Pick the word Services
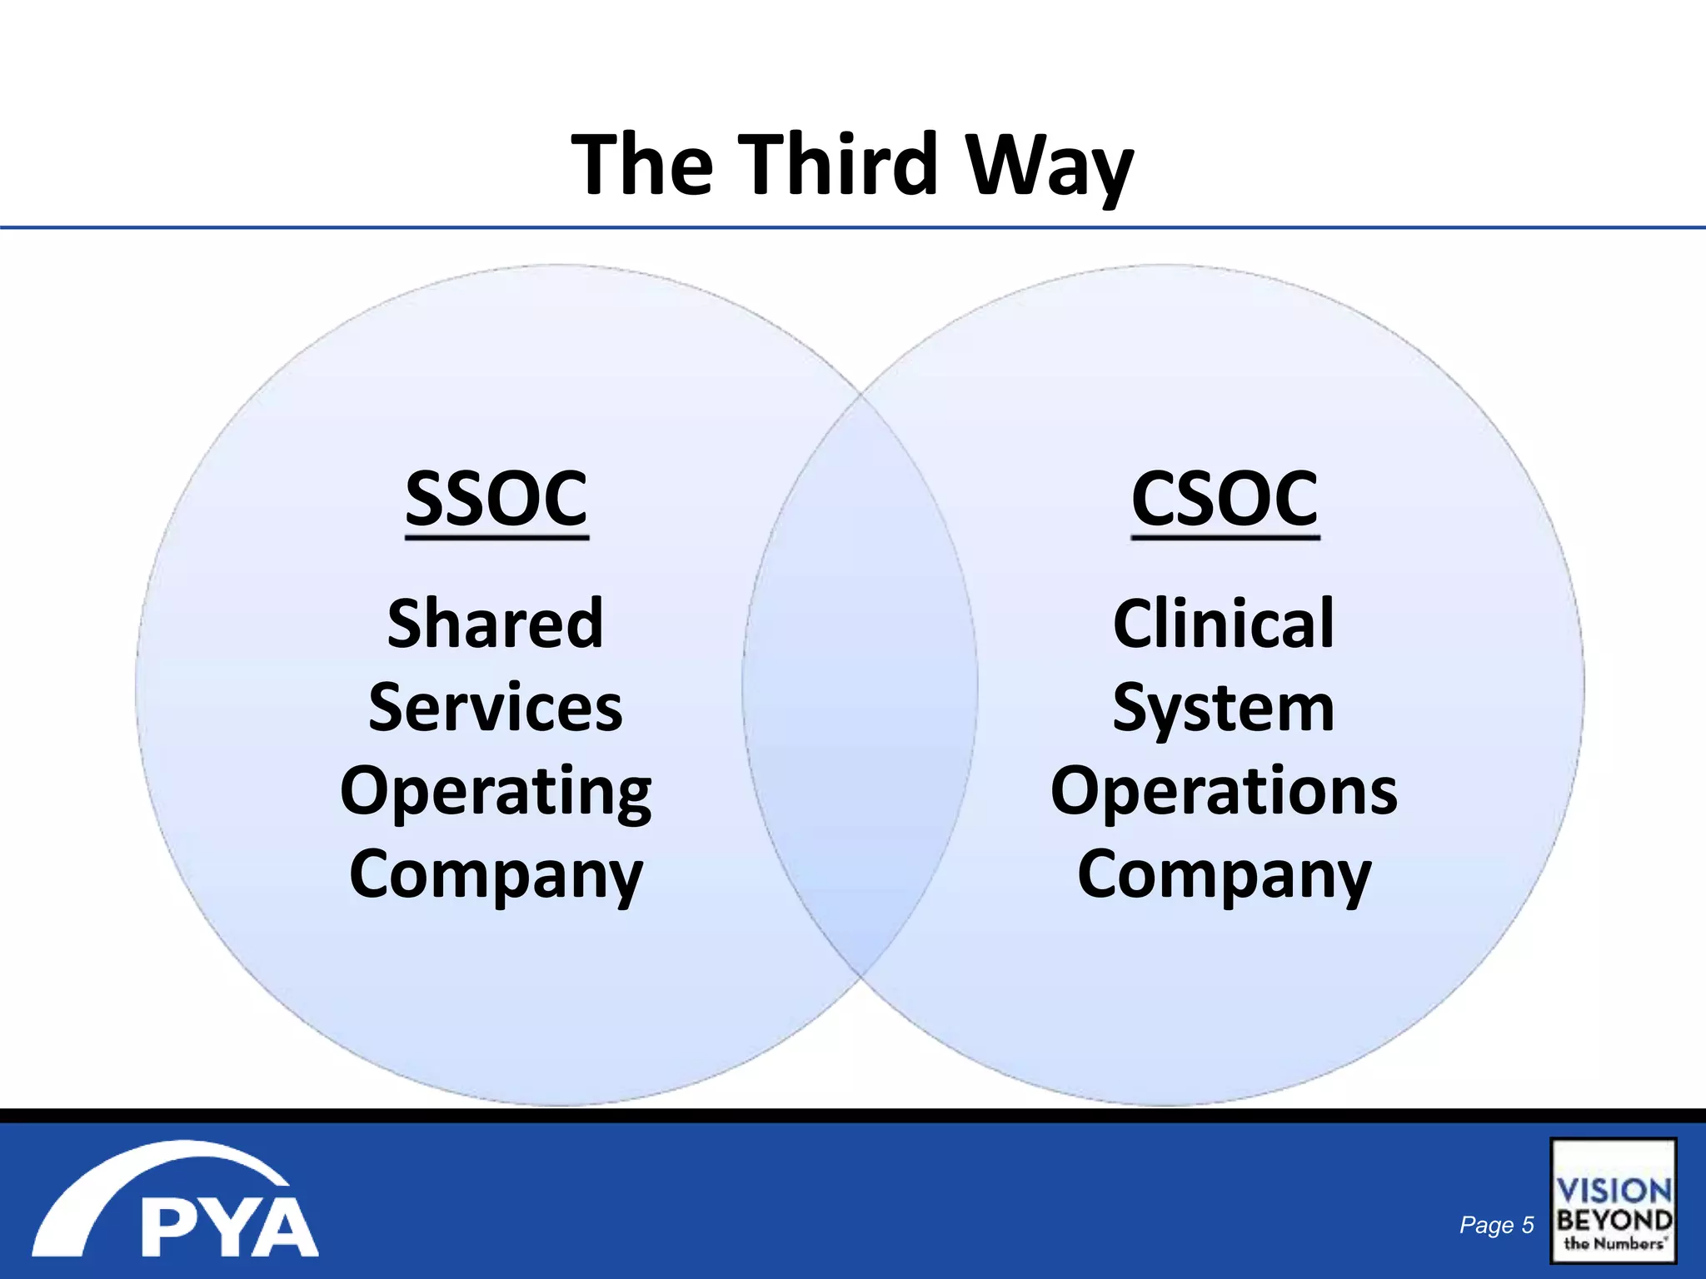coord(496,708)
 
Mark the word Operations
coord(1224,791)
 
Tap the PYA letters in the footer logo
coord(228,1227)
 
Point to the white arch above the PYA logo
coord(158,1166)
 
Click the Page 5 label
coord(1496,1225)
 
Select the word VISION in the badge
coord(1614,1191)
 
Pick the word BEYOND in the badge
coord(1614,1221)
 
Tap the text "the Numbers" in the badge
coord(1614,1244)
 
